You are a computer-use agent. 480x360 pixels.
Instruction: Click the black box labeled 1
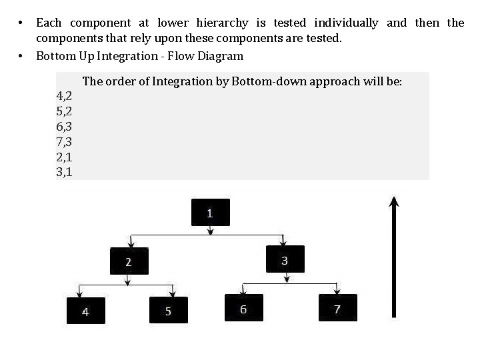pos(210,213)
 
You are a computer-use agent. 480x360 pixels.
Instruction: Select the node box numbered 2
pos(129,261)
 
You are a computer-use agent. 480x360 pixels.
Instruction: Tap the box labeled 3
pos(285,259)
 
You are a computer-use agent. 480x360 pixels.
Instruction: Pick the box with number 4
pos(85,310)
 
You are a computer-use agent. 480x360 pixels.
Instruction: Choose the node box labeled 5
pos(168,310)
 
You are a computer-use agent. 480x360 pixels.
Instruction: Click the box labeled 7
pos(337,308)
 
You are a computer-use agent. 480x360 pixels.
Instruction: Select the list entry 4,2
pos(65,97)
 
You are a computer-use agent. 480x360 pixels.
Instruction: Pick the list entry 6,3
pos(65,127)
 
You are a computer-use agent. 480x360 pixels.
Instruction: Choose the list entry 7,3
pos(65,142)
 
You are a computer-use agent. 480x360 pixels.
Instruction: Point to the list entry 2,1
pos(65,157)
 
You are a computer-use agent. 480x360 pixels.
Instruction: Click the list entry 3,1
pos(65,172)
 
